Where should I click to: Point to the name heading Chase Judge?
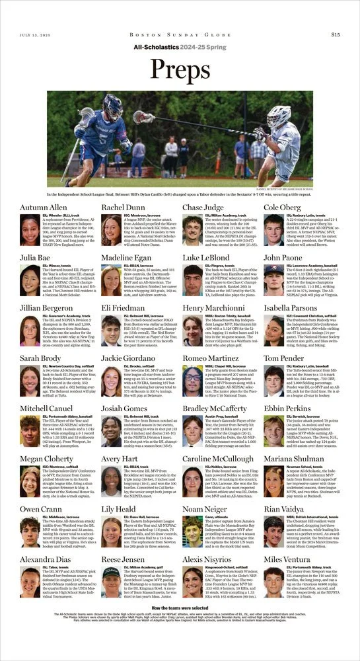(204, 207)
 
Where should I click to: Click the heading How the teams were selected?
(180, 607)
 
